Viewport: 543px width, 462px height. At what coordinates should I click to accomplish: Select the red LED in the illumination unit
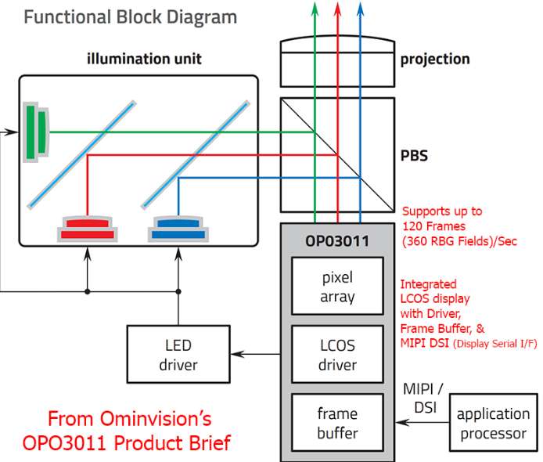pyautogui.click(x=88, y=227)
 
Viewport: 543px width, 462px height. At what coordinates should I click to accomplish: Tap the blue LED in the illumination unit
pyautogui.click(x=179, y=227)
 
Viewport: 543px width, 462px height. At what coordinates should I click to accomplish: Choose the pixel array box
pyautogui.click(x=337, y=287)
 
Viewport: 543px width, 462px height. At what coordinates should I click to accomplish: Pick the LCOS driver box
pyautogui.click(x=337, y=354)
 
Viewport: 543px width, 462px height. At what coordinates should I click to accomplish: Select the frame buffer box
pyautogui.click(x=337, y=422)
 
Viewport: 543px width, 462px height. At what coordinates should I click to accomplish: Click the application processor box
pyautogui.click(x=492, y=422)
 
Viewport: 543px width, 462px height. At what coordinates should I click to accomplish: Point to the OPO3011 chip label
pyautogui.click(x=337, y=238)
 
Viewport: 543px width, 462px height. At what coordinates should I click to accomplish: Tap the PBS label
pyautogui.click(x=415, y=154)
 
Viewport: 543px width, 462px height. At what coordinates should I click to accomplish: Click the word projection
pyautogui.click(x=434, y=59)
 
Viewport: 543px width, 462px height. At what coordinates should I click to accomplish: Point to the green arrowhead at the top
pyautogui.click(x=315, y=7)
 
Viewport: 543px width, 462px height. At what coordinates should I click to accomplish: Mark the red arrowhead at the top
pyautogui.click(x=338, y=7)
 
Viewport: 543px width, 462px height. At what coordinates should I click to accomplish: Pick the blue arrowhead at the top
pyautogui.click(x=360, y=7)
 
